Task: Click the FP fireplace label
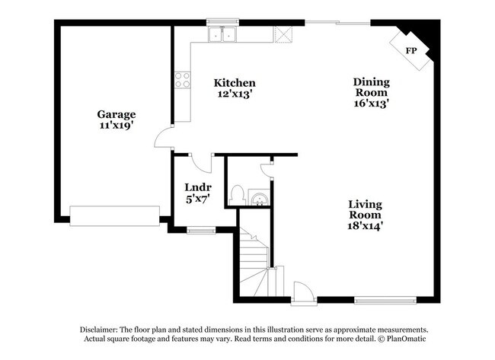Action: coord(411,50)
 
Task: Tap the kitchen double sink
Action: coord(222,34)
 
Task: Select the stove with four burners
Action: coord(183,79)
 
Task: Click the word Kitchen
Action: coord(234,83)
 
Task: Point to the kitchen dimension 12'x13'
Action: coord(234,94)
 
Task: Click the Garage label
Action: coord(116,114)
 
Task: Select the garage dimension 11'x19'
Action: coord(116,126)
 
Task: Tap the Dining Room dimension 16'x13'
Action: coord(371,104)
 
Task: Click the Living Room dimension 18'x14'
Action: coord(366,225)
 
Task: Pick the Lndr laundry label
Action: coord(197,187)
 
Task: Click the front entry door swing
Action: coord(302,292)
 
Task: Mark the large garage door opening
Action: coord(114,215)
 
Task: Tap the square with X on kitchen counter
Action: coord(283,33)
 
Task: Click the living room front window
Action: coord(385,300)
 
